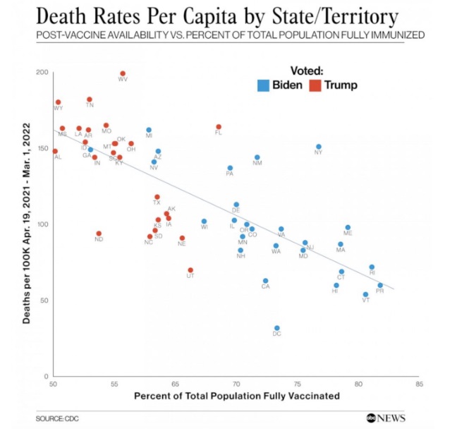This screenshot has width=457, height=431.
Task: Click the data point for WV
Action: click(x=123, y=73)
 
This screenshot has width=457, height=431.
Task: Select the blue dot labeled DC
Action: click(x=276, y=328)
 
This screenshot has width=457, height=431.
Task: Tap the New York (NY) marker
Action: click(x=319, y=147)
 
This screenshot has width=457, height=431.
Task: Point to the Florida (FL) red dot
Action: click(x=219, y=127)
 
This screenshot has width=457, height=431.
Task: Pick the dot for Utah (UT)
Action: click(x=190, y=270)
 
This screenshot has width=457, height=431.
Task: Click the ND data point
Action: click(x=99, y=233)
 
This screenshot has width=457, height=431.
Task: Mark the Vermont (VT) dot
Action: click(x=365, y=294)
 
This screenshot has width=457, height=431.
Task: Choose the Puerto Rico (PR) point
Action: click(x=380, y=285)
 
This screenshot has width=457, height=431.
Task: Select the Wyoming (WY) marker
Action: click(x=58, y=102)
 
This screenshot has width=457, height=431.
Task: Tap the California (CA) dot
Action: click(x=265, y=281)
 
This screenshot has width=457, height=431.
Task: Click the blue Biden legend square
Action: click(x=263, y=85)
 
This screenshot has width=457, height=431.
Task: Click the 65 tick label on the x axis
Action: click(x=175, y=385)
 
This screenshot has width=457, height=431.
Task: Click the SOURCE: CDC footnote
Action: click(x=58, y=418)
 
